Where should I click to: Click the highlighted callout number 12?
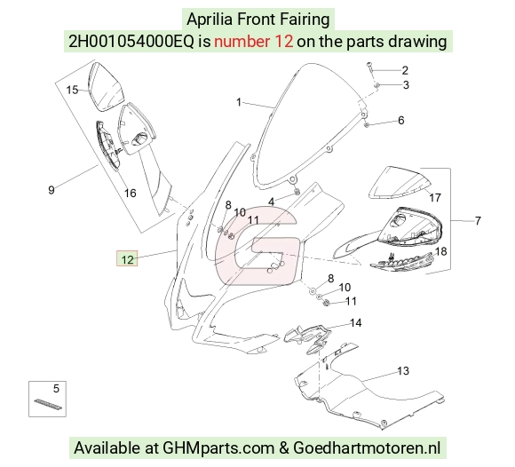tap(127, 259)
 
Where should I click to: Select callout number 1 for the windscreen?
tap(239, 102)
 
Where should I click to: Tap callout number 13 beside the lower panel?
tap(403, 371)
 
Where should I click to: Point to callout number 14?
tap(356, 323)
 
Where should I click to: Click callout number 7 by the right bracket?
tap(478, 220)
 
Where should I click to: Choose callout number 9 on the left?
tap(51, 190)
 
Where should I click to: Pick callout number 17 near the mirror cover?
tap(435, 198)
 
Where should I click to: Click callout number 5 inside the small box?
tap(56, 389)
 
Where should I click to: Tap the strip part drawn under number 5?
tap(48, 404)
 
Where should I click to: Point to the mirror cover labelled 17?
tap(399, 183)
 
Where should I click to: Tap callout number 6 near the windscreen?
tap(401, 120)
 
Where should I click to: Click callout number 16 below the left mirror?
tap(130, 194)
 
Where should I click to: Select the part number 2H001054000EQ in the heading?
tap(131, 42)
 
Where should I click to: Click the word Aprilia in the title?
tap(210, 20)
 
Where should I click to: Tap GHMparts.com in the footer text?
tap(218, 448)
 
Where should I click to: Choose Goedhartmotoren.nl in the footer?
tap(367, 448)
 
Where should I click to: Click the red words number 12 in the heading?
tap(253, 42)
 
